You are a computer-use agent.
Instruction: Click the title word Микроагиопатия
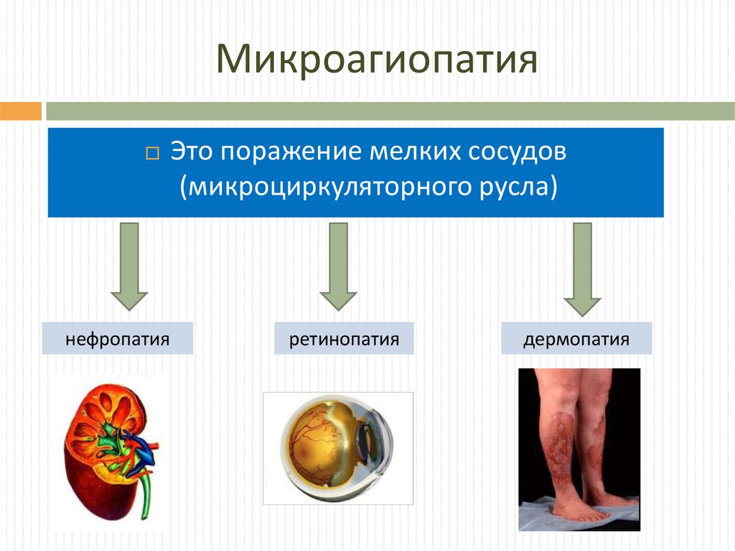(x=376, y=60)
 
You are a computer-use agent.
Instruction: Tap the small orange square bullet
(x=152, y=154)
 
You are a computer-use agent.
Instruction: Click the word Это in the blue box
(x=191, y=152)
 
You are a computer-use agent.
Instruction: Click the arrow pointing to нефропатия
(x=129, y=266)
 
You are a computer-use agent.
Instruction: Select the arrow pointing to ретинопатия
(x=339, y=266)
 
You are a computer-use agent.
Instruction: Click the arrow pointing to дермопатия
(x=582, y=269)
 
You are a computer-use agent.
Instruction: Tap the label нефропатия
(x=118, y=338)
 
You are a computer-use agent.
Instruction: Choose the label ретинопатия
(x=344, y=338)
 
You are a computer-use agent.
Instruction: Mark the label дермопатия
(x=576, y=338)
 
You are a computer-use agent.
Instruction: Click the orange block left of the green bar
(x=21, y=111)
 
